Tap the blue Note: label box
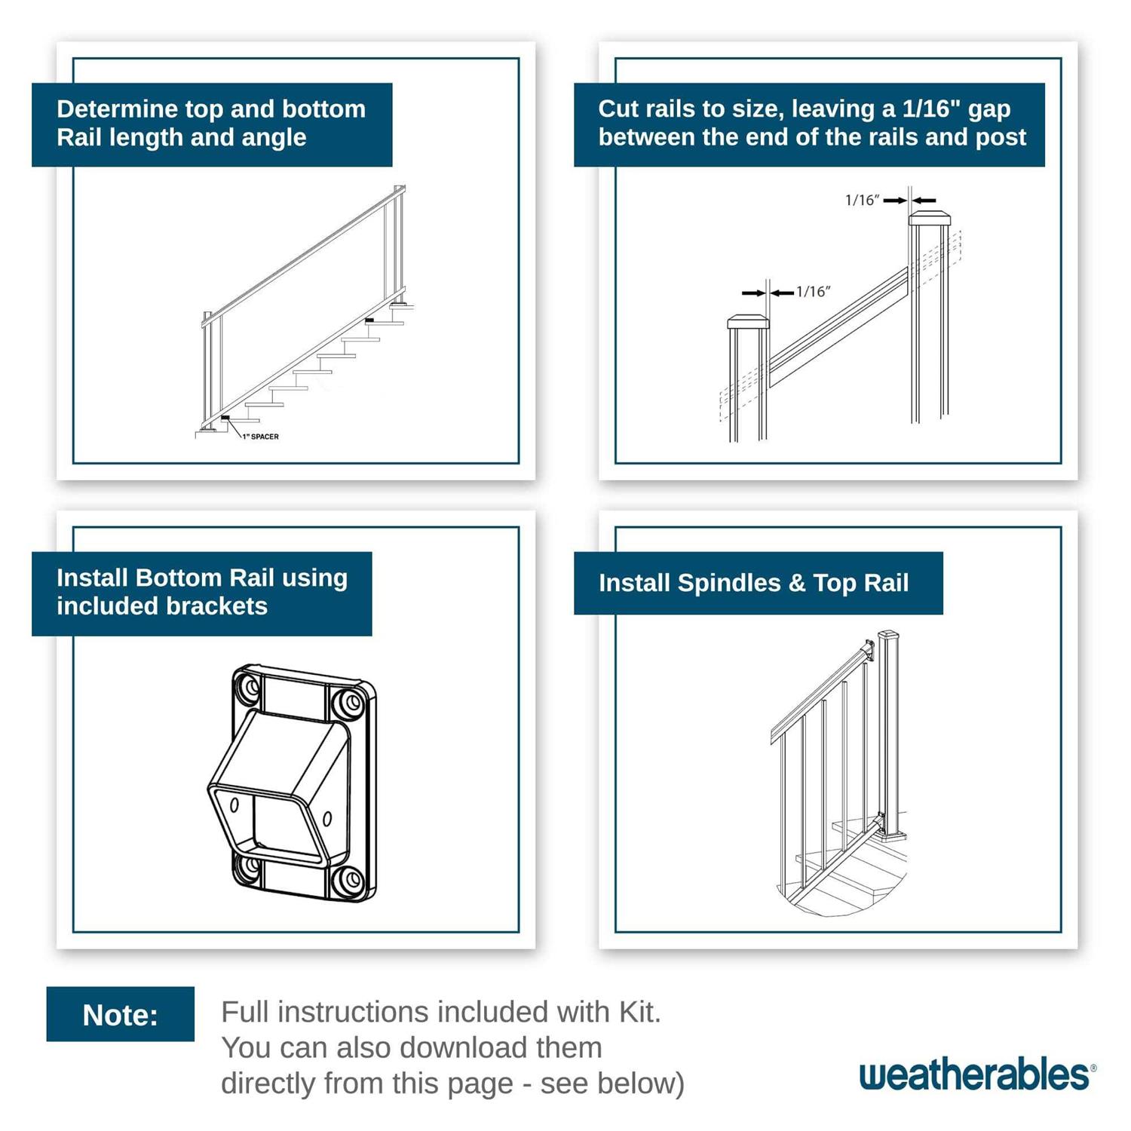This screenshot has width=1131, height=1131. coord(120,1014)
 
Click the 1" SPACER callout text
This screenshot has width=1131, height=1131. coord(260,437)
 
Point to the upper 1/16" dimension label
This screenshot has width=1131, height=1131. coord(862,200)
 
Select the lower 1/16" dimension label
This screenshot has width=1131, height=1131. coord(813,292)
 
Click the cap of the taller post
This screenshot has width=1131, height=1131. coord(929,219)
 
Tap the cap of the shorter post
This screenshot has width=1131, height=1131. coord(748,323)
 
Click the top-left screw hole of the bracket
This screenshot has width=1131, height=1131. coord(247,688)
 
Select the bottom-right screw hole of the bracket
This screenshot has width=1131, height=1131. coord(349,880)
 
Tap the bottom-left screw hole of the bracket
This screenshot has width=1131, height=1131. coord(247,868)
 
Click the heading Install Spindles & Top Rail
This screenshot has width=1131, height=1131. coord(753,583)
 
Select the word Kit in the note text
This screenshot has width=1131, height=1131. coord(639,1012)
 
